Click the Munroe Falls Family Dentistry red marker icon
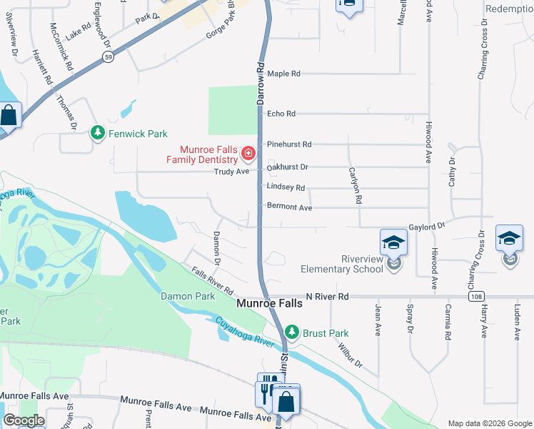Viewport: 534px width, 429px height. (x=248, y=153)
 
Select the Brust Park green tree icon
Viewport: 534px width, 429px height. (x=291, y=332)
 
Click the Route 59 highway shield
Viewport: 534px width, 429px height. (x=106, y=58)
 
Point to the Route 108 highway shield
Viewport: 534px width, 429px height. (x=475, y=296)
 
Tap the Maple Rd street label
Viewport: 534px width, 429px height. (x=283, y=74)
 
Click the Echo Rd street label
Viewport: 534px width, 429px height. (x=281, y=114)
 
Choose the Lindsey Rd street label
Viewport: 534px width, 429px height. (x=286, y=187)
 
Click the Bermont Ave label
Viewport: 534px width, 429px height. (x=289, y=207)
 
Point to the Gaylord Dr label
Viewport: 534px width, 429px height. (x=427, y=226)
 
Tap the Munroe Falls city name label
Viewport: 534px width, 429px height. (x=269, y=304)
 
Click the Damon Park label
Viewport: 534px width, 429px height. (x=188, y=295)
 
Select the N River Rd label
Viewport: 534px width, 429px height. (x=327, y=296)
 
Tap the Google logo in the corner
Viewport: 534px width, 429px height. (x=24, y=420)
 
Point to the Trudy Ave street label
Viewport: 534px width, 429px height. (x=232, y=172)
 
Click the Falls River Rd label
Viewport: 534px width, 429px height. (x=213, y=282)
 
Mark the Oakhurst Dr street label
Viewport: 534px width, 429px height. (x=287, y=167)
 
